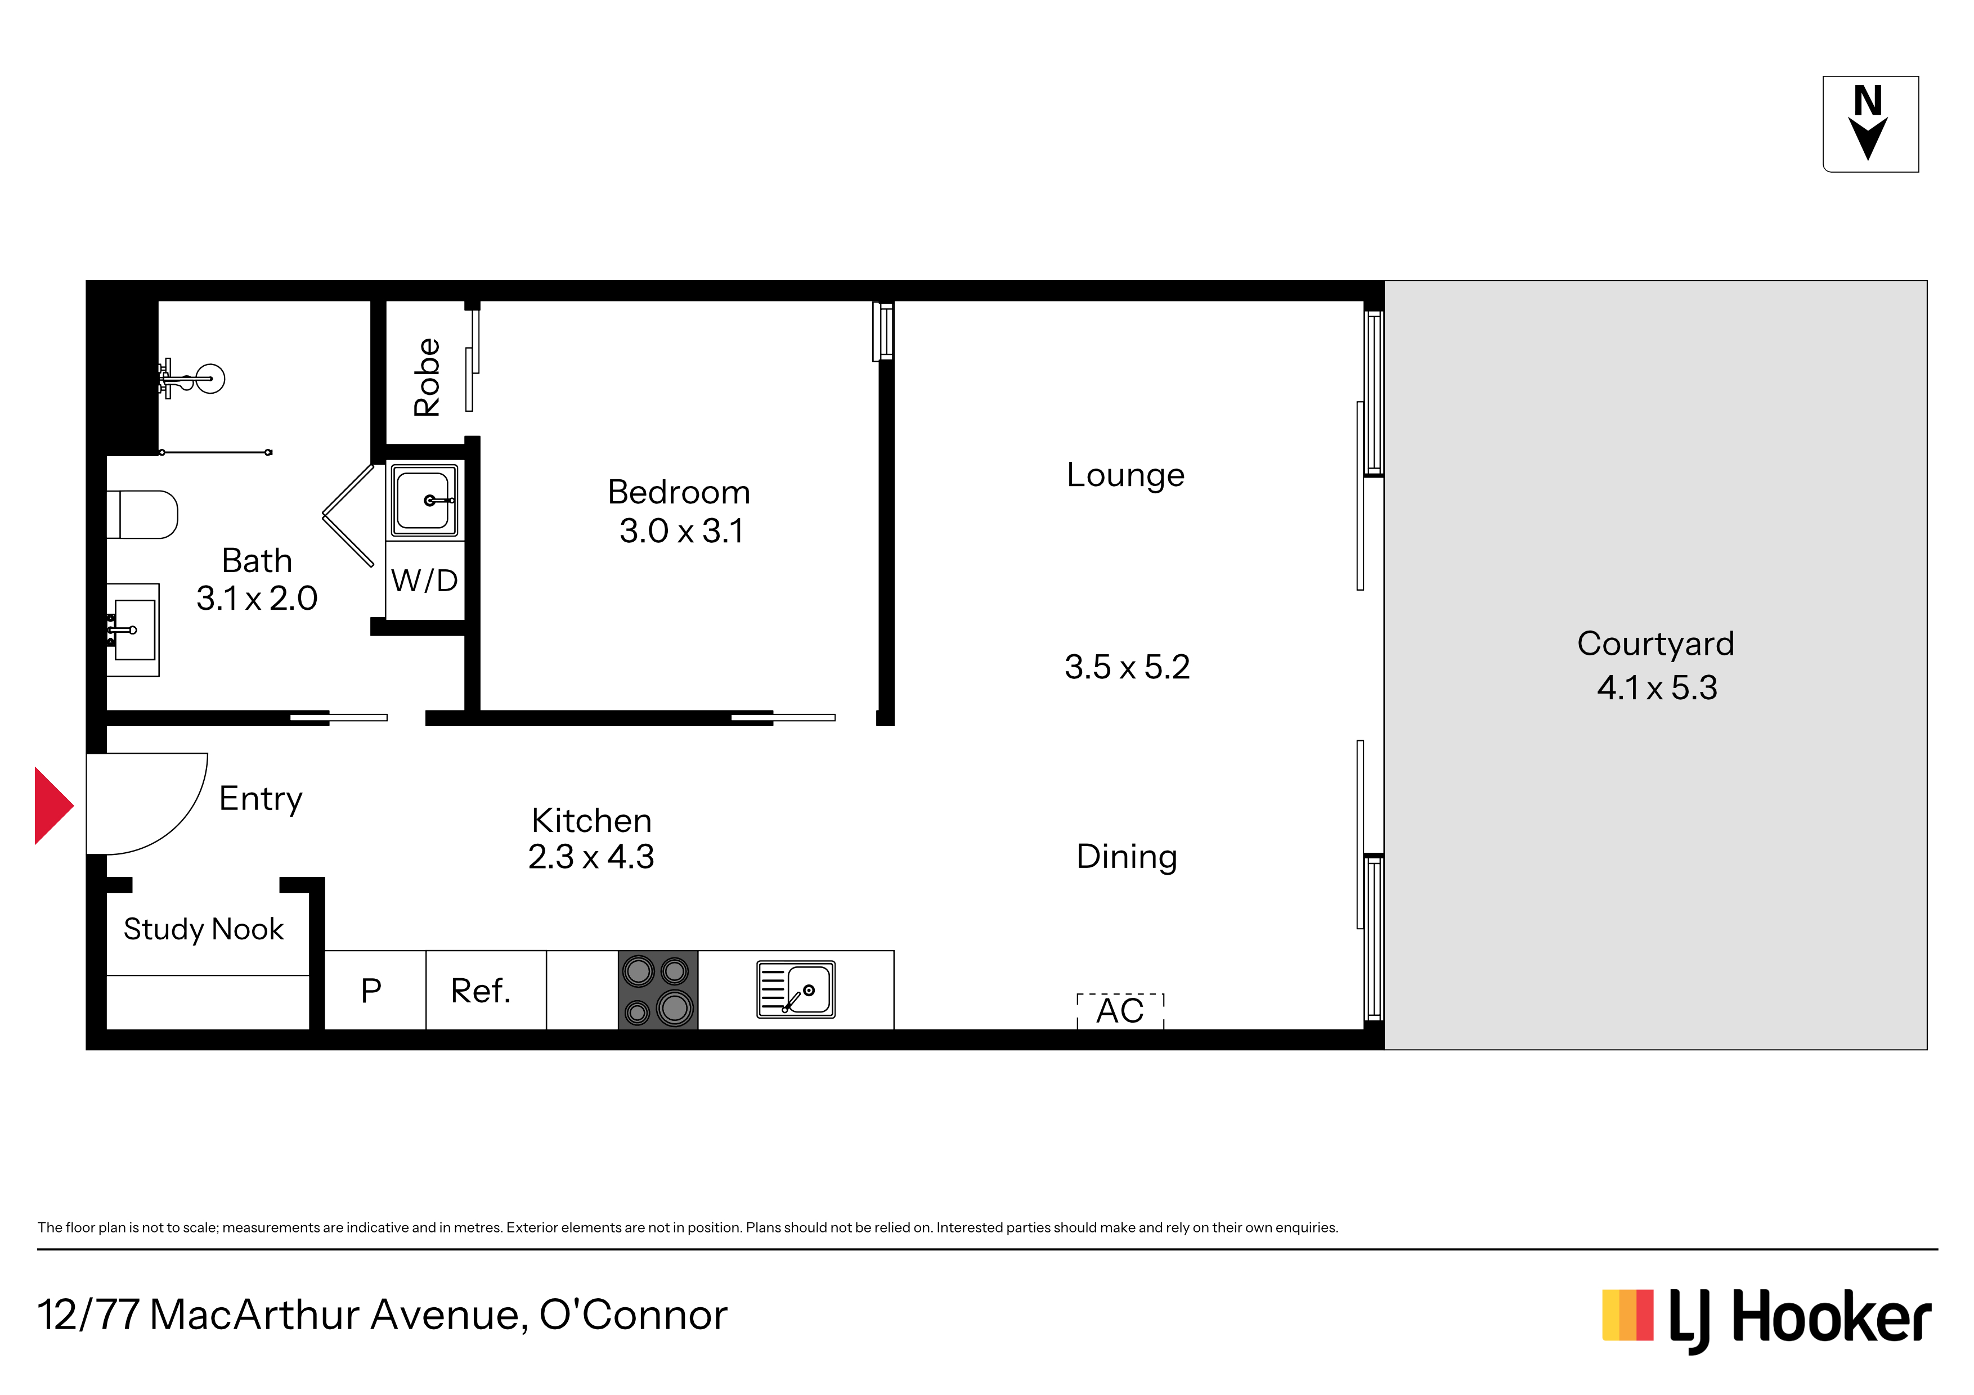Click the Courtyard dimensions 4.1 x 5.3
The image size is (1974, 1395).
click(1656, 687)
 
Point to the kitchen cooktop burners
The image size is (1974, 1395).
click(658, 990)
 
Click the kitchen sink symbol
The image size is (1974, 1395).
click(795, 989)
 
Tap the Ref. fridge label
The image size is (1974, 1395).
click(481, 991)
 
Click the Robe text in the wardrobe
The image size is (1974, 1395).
click(427, 377)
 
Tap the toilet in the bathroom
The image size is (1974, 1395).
click(142, 514)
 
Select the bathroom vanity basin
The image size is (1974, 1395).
click(133, 630)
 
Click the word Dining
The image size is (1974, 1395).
click(1127, 857)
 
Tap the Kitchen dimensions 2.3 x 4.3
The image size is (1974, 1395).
click(591, 857)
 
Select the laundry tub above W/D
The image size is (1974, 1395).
click(425, 500)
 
